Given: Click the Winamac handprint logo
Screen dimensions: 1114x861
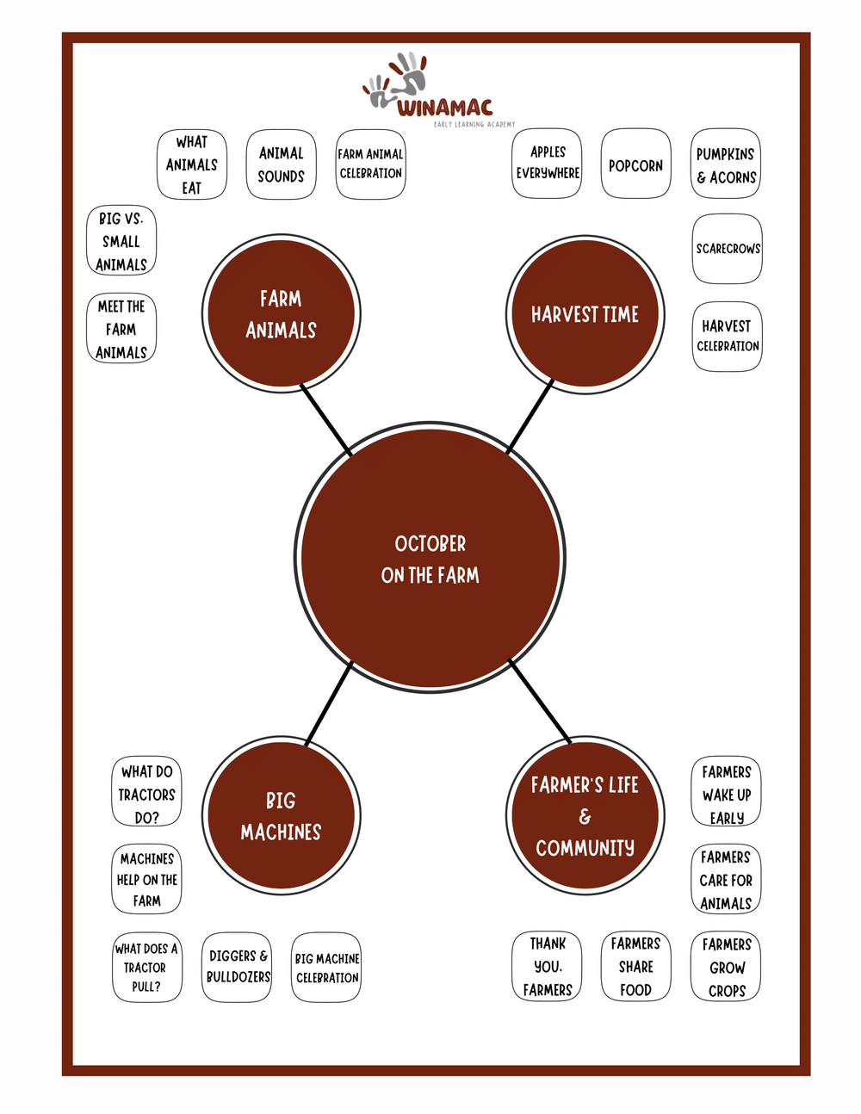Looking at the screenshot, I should point(396,80).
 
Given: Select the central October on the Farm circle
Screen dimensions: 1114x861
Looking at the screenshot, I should point(430,558).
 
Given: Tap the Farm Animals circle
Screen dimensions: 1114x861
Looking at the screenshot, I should point(282,314).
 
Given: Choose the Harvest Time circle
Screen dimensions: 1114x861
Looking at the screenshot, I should point(585,314).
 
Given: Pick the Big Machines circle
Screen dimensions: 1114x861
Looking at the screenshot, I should point(282,815).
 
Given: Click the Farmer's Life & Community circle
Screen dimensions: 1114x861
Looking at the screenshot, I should point(585,815).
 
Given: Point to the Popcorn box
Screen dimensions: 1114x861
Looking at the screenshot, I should point(635,164).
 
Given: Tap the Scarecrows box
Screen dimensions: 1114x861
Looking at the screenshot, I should point(728,249).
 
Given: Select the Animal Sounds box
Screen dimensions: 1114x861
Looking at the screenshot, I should point(282,164).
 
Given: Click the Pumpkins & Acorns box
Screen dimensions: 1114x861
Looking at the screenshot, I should point(726,164).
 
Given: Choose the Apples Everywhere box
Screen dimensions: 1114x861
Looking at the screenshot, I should point(548,163).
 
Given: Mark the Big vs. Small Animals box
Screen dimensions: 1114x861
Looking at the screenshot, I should point(121,241).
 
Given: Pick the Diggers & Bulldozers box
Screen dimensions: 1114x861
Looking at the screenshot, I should point(238,967).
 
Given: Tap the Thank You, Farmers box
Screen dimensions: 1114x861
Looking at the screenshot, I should point(548,967).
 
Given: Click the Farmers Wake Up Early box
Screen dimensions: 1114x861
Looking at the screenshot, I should point(727,794).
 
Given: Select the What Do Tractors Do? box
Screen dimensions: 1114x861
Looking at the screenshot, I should point(146,794).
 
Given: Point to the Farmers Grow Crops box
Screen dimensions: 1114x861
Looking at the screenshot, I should point(727,967).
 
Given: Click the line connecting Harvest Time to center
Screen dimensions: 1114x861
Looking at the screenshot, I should point(530,417).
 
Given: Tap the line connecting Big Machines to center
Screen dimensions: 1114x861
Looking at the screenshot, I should point(329,702).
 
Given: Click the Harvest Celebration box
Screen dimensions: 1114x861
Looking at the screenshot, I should point(728,337).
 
